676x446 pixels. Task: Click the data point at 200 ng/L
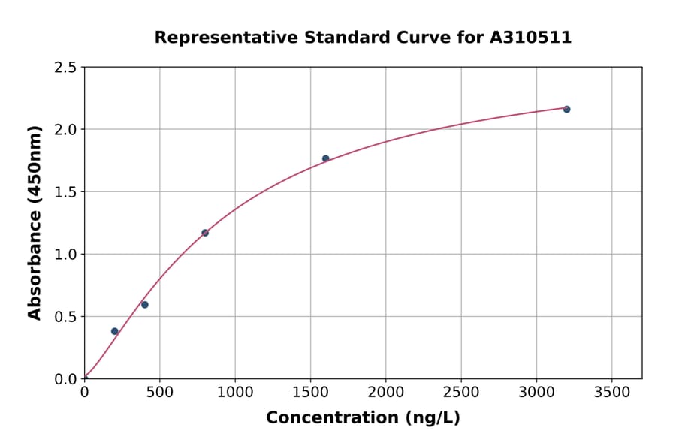point(115,331)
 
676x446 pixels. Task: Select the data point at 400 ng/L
point(145,305)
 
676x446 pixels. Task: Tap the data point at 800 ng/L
point(205,233)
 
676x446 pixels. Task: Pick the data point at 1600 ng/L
point(325,158)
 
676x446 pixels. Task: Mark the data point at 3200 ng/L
point(566,110)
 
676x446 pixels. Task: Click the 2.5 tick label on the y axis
point(65,68)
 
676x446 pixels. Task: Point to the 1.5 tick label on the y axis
point(65,192)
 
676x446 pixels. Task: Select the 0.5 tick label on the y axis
point(65,317)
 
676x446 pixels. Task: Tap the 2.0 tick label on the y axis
point(65,130)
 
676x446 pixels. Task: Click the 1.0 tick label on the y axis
point(65,255)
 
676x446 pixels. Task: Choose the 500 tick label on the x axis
point(160,392)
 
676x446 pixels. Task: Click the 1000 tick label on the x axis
point(235,392)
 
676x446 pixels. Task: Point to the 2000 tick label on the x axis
point(386,392)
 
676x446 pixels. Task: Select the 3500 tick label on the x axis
point(611,392)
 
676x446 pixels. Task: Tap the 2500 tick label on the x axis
point(461,392)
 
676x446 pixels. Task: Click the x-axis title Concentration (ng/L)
point(363,418)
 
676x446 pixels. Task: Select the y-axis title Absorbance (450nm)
point(35,223)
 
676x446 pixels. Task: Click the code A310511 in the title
point(530,37)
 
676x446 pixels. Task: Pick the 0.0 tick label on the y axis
point(65,379)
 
